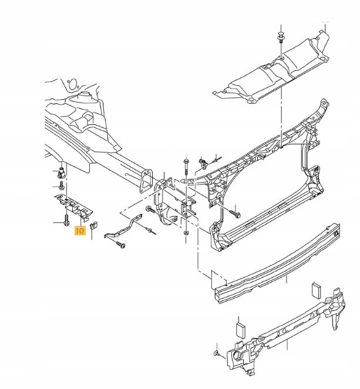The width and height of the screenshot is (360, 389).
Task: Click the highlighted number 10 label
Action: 80,231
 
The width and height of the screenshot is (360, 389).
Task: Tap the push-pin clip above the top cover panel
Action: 281,37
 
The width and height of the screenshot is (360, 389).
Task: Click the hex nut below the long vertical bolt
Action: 186,233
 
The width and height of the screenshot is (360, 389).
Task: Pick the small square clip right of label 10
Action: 94,225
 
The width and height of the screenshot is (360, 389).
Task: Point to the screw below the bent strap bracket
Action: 120,244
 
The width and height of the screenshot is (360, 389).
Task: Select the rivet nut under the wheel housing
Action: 61,172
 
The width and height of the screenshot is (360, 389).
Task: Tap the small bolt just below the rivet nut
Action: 62,185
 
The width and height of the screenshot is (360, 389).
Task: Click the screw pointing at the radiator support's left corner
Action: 235,213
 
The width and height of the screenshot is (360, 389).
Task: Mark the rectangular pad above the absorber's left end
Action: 240,330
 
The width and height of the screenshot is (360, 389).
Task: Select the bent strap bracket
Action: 123,227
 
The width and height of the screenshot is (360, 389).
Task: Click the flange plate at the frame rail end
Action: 146,181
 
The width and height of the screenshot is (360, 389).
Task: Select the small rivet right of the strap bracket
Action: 150,231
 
